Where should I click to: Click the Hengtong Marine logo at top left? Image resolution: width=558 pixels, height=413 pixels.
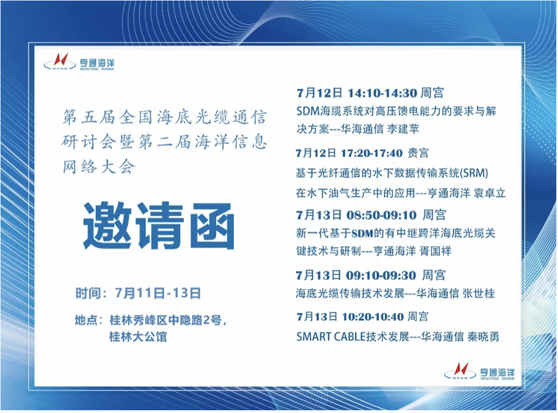click(x=79, y=62)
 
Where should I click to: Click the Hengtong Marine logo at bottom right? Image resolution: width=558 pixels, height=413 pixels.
click(x=479, y=372)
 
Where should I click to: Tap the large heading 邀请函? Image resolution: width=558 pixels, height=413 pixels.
click(x=159, y=226)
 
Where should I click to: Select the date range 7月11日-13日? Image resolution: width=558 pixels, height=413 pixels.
click(x=158, y=293)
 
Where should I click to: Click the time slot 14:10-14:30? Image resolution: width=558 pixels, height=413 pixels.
click(x=383, y=93)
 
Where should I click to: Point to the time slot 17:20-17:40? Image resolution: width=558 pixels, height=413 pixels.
click(x=372, y=153)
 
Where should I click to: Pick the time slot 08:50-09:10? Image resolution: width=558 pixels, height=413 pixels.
click(x=382, y=215)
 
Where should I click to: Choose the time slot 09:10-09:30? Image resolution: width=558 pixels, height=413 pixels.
click(x=381, y=275)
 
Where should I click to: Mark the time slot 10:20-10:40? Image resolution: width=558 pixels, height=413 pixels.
click(x=373, y=317)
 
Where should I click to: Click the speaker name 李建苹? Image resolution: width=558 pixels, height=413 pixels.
click(x=403, y=129)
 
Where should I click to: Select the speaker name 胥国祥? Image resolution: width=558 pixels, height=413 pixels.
click(x=435, y=251)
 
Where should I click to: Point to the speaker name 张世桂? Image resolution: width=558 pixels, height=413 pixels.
click(x=479, y=294)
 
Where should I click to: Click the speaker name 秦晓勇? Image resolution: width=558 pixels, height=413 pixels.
click(x=483, y=337)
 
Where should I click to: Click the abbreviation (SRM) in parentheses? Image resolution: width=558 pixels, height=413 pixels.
click(x=474, y=173)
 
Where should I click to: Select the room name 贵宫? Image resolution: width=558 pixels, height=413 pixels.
click(x=419, y=153)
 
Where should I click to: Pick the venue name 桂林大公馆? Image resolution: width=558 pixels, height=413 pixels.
click(x=138, y=337)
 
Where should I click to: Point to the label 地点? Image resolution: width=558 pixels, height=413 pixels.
click(x=86, y=320)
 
